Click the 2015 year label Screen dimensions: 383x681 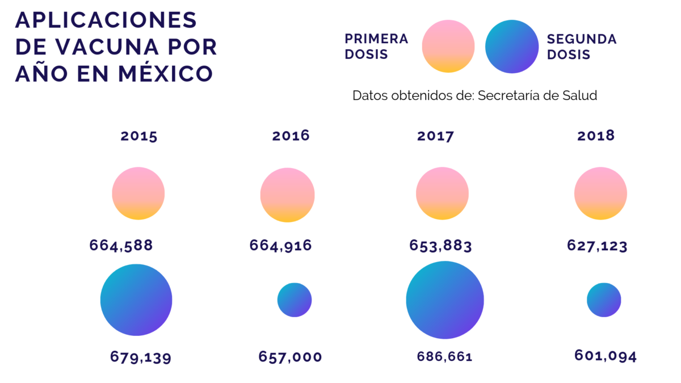coord(138,136)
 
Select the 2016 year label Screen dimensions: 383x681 coord(291,136)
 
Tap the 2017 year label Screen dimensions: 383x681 coord(435,136)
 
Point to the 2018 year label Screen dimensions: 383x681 coord(596,136)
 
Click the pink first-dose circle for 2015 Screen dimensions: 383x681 coord(138,193)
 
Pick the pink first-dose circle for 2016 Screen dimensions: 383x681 coord(287,195)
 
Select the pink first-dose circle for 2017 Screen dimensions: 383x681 coord(442,193)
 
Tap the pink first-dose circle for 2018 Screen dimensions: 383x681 coord(600,193)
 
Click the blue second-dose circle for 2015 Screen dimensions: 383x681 coord(136,300)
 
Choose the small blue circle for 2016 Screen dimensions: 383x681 coord(295,300)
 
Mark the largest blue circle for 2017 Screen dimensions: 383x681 coord(445,300)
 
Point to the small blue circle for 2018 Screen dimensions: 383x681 coord(604,300)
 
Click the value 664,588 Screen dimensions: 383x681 coord(121,246)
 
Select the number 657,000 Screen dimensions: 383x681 coord(290,357)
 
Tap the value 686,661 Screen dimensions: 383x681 coord(444,357)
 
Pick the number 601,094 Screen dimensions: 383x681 coord(606,356)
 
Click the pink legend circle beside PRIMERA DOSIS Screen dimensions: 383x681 coord(448,47)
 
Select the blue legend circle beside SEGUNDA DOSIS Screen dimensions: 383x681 coord(512,47)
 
